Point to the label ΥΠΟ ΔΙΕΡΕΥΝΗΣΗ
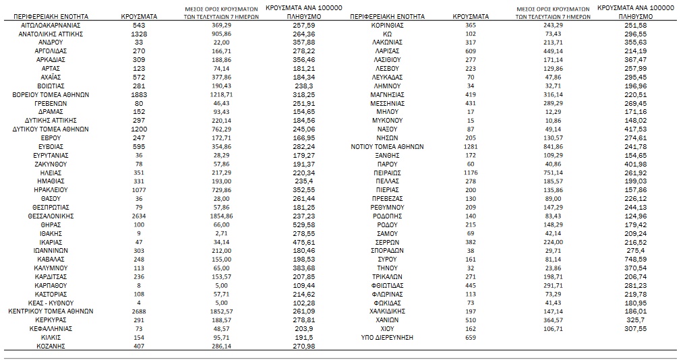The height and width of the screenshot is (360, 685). (386, 337)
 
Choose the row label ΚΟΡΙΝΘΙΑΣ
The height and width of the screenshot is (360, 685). (386, 25)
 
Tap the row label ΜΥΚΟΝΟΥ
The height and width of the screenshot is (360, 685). (386, 120)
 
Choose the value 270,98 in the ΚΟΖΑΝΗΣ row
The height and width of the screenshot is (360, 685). (304, 346)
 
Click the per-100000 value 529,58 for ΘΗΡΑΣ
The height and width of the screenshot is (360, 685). (304, 224)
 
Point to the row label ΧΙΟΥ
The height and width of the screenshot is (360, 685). (386, 328)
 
